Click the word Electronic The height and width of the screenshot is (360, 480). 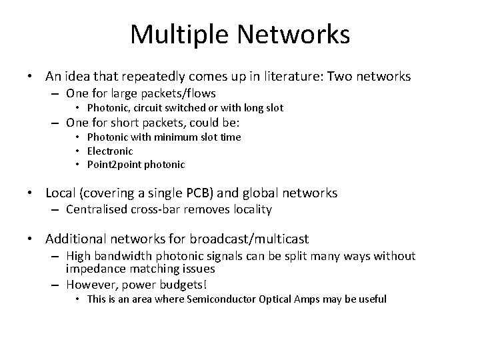110,151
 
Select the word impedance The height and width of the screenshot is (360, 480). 93,269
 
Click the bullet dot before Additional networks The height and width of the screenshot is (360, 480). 31,239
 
